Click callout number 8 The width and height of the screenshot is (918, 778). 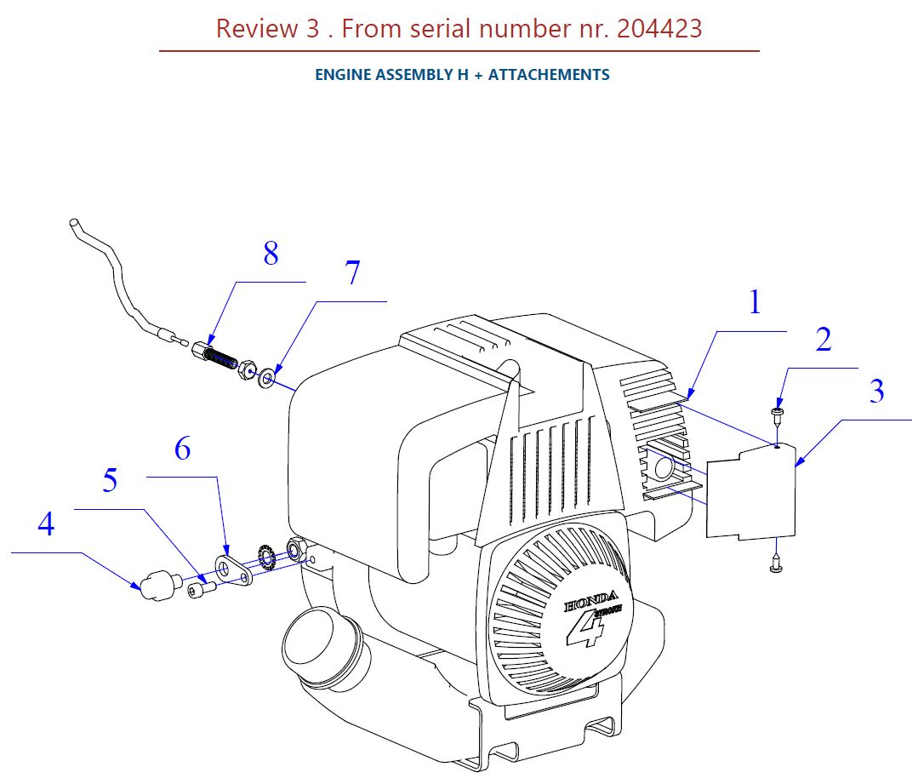271,254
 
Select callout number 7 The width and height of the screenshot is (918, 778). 352,273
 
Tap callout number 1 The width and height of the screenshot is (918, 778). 755,302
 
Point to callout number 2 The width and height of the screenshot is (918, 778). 823,340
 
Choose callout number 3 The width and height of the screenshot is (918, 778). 876,392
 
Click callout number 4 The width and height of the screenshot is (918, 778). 46,524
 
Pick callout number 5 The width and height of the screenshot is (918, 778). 110,481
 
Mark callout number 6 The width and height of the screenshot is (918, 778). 183,449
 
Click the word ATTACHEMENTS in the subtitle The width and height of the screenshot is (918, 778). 549,75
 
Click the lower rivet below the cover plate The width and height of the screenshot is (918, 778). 775,563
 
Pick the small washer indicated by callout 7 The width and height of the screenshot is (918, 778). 267,375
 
